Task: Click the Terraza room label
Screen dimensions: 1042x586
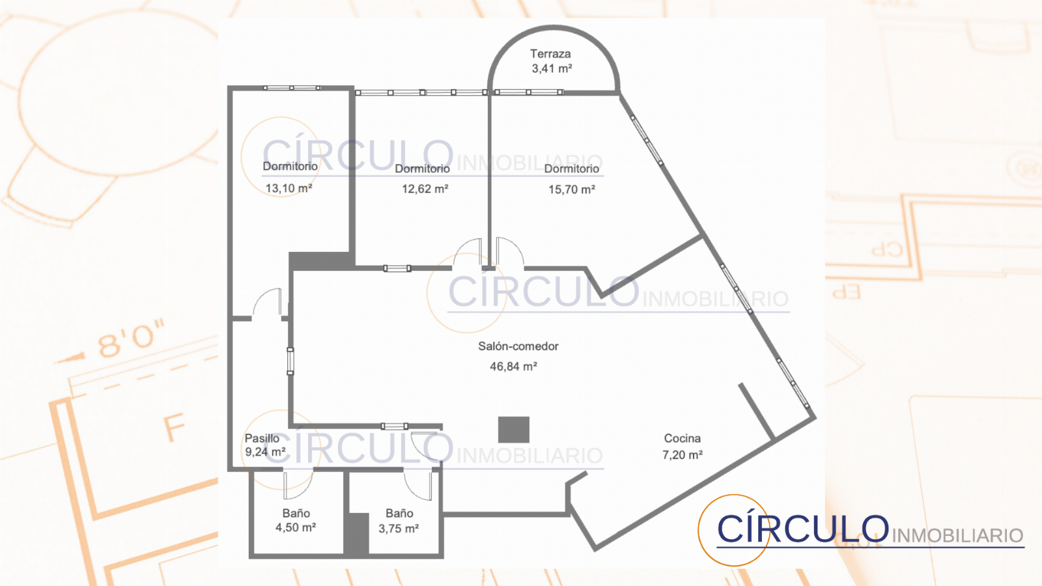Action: coord(550,54)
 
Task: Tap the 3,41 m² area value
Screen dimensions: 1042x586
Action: coord(552,69)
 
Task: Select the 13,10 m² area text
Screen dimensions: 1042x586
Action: coord(289,188)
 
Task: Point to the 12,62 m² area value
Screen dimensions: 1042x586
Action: coord(425,189)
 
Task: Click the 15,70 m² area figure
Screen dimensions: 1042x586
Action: coord(572,189)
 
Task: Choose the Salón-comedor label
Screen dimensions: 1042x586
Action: coord(518,346)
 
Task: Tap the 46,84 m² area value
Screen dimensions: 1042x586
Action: coord(514,367)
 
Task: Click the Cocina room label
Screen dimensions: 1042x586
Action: coord(683,438)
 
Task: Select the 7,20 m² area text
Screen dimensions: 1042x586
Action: coord(683,455)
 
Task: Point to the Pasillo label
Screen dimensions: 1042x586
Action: coord(262,438)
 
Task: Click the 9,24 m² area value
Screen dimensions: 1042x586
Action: coord(265,452)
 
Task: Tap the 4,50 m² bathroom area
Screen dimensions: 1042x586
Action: coord(296,528)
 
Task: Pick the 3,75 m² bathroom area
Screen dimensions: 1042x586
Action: coord(399,529)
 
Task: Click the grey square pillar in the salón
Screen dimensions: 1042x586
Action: coord(514,429)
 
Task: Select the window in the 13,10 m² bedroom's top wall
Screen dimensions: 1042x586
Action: coord(292,88)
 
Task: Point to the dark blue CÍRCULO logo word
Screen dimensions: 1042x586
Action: coord(802,528)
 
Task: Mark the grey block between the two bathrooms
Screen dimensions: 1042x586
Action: coord(356,533)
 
